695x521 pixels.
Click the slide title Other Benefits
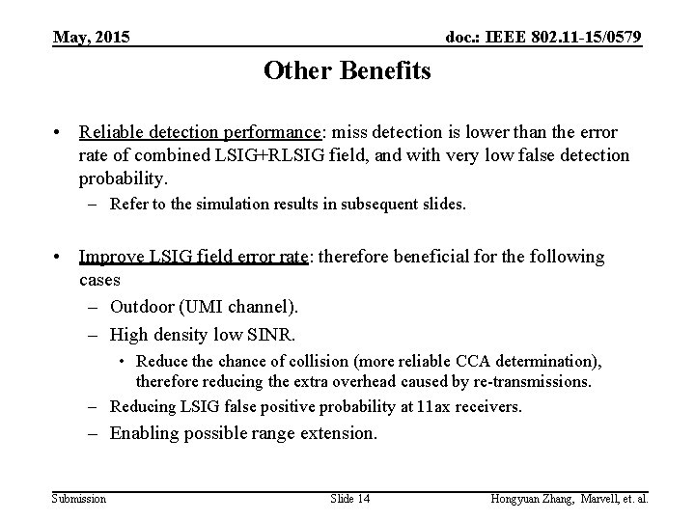(347, 72)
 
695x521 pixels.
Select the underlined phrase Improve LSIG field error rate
(192, 257)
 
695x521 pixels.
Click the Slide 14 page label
(348, 498)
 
